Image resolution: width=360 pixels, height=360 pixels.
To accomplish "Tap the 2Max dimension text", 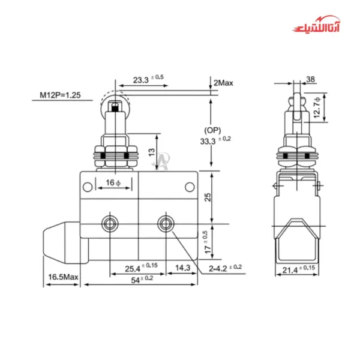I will pyautogui.click(x=223, y=82).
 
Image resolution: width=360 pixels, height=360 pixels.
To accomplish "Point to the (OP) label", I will pyautogui.click(x=212, y=130).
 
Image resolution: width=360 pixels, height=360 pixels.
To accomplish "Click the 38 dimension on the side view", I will pyautogui.click(x=310, y=79).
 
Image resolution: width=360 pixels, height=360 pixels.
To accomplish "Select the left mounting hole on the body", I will pyautogui.click(x=110, y=224).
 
